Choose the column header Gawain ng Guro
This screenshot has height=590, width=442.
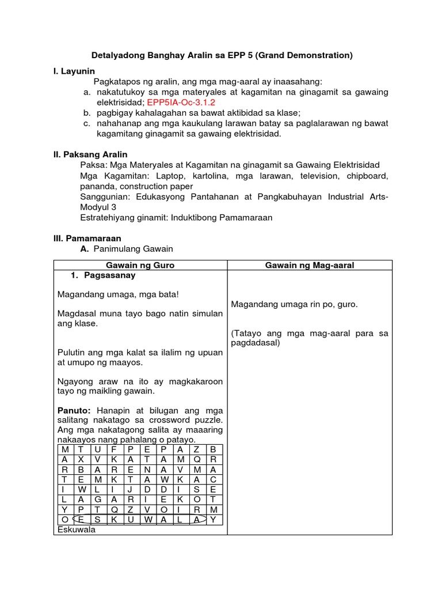140,265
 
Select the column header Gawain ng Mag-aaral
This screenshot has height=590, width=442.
309,265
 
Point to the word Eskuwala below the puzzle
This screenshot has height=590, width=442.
77,531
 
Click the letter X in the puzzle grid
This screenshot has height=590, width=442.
81,459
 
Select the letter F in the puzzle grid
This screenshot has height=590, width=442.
114,449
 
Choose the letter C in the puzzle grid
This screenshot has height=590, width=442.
212,480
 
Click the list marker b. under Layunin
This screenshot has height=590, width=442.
86,113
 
